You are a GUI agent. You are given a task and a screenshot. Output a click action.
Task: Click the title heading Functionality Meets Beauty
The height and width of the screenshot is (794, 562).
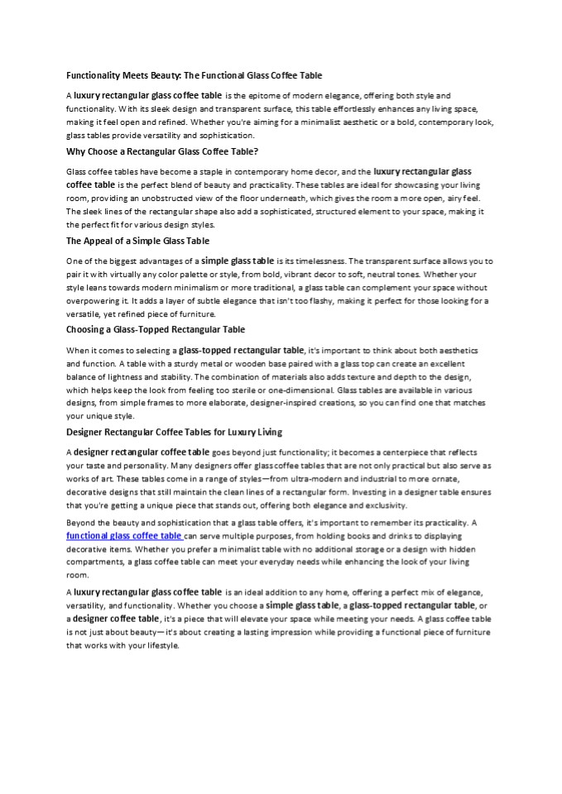pyautogui.click(x=194, y=74)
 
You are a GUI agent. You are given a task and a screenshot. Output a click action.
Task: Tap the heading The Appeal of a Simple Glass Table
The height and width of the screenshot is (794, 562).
pyautogui.click(x=137, y=241)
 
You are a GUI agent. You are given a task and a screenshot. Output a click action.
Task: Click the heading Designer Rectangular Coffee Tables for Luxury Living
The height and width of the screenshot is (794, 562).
pyautogui.click(x=174, y=432)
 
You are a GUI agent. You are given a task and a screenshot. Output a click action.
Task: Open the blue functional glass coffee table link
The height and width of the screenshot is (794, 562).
pyautogui.click(x=124, y=535)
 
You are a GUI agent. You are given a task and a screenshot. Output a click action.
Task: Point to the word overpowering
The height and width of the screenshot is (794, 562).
pyautogui.click(x=94, y=301)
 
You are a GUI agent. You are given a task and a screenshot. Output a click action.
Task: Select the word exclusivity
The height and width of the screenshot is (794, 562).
pyautogui.click(x=380, y=505)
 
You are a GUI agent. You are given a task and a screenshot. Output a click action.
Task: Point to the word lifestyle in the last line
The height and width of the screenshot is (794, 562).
pyautogui.click(x=159, y=644)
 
